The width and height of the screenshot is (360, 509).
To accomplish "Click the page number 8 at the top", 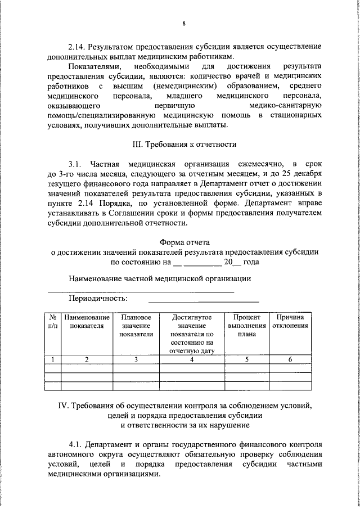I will click(183, 23).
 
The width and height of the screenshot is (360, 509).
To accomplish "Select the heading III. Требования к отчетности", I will click(183, 144).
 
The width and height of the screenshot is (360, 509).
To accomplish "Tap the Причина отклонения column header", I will click(290, 321).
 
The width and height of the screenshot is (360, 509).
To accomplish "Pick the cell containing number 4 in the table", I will click(191, 359).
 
